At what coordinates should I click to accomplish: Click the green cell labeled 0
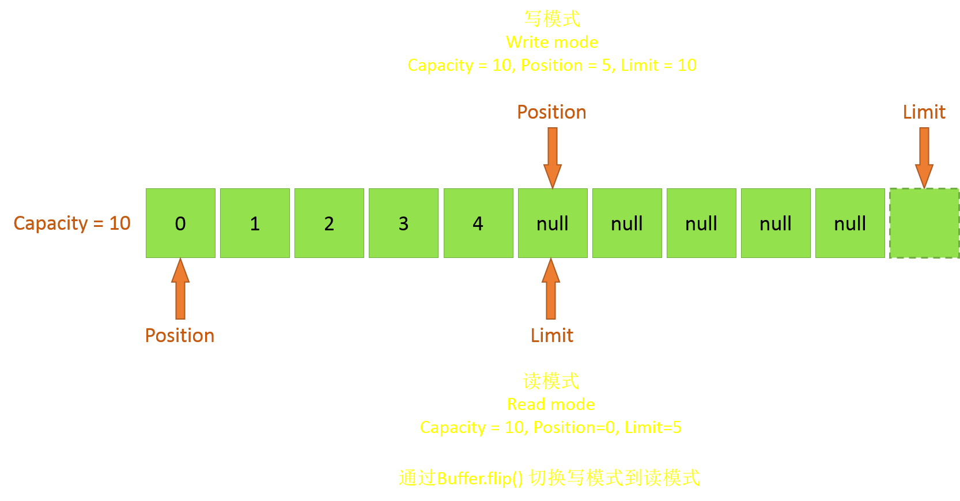[x=180, y=223]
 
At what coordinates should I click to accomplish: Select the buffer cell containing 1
[x=255, y=223]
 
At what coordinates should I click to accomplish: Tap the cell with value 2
[x=329, y=223]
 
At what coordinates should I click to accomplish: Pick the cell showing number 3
[x=404, y=223]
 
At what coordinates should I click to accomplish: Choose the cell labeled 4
[x=478, y=223]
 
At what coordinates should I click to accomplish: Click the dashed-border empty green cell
[x=924, y=223]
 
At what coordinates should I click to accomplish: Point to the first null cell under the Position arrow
[x=553, y=223]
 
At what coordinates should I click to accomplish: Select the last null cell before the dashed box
[x=851, y=223]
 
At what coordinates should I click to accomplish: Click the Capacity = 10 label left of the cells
[x=72, y=223]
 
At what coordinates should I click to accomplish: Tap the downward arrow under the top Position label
[x=553, y=158]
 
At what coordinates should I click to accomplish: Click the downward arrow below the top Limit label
[x=924, y=158]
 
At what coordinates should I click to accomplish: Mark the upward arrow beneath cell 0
[x=180, y=289]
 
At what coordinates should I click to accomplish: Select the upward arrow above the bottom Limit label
[x=551, y=289]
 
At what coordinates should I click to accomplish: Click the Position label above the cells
[x=551, y=112]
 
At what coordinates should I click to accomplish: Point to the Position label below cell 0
[x=180, y=336]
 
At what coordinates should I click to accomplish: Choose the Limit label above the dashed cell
[x=924, y=112]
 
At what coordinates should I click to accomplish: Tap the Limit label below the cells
[x=552, y=336]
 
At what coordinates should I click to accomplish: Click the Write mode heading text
[x=552, y=43]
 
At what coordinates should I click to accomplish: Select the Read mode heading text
[x=551, y=405]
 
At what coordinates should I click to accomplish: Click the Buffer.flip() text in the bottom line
[x=480, y=479]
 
